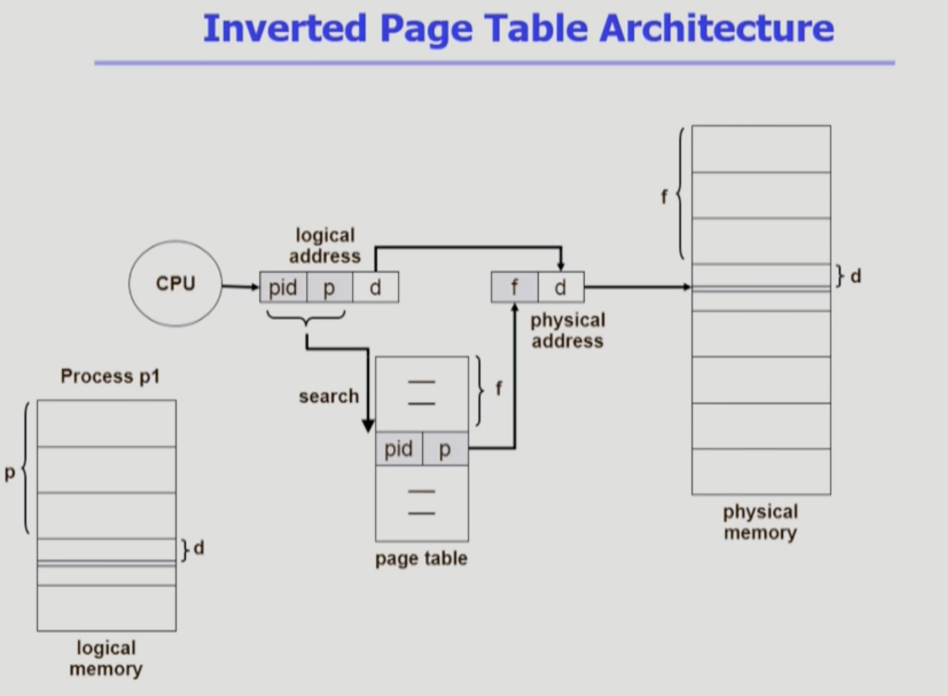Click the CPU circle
176,283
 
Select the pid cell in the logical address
283,287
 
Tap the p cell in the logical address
330,287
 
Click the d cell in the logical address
375,287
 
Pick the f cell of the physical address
515,287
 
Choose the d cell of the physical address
560,287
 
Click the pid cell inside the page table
398,449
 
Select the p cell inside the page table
445,449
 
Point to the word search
329,396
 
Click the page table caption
421,558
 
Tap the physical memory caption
760,522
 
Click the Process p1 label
110,376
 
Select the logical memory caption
106,659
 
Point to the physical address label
567,330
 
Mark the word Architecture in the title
716,28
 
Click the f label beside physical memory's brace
664,196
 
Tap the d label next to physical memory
855,276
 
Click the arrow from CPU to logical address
240,287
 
